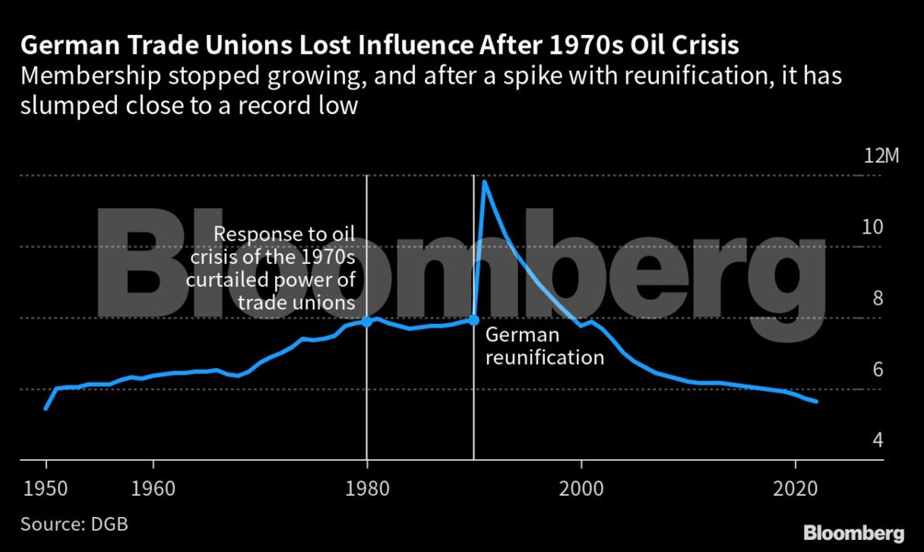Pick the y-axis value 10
pos(872,227)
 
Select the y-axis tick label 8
pos(877,298)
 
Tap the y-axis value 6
pos(877,369)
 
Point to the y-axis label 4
pos(877,441)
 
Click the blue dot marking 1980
pos(367,321)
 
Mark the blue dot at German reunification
pos(474,320)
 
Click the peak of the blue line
pos(485,182)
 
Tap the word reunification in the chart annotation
pos(545,357)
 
